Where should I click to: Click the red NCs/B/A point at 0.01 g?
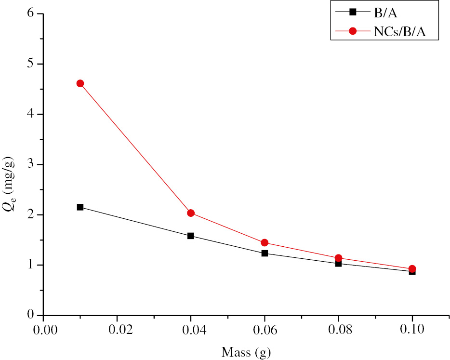tap(80, 83)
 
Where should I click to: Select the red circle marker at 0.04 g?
tap(191, 213)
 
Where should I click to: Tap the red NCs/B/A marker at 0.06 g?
tap(265, 243)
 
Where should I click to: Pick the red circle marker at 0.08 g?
tap(338, 258)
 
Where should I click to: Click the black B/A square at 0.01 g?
tap(80, 207)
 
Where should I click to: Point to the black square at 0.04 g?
tap(191, 236)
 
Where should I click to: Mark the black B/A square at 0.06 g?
tap(265, 253)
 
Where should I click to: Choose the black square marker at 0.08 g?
tap(338, 264)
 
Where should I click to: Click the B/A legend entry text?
tap(385, 12)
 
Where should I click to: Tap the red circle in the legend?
tap(353, 31)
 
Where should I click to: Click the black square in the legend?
tap(353, 12)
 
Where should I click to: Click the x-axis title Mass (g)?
tap(246, 352)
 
